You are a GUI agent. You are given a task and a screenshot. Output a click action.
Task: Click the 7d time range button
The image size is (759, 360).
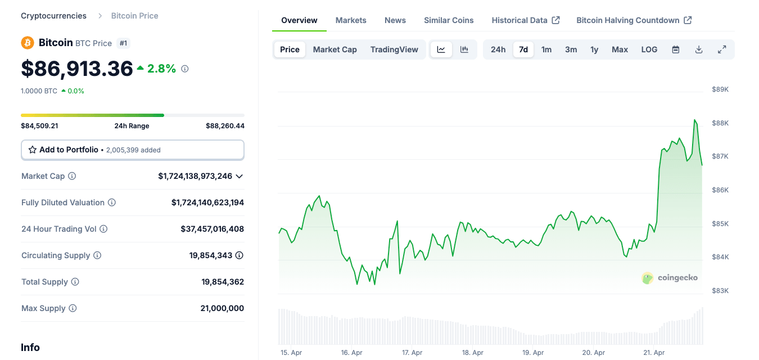pos(523,49)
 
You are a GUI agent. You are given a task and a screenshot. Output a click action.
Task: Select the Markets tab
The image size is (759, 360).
pos(351,20)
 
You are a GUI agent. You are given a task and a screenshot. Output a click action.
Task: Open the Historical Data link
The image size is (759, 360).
pos(525,20)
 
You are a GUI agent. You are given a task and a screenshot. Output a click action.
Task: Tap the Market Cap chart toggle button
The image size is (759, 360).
pos(335,49)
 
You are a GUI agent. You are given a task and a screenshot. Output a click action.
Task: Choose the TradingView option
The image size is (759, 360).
pos(394,49)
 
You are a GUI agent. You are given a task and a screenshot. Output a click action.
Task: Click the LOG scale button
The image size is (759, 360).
pos(649,49)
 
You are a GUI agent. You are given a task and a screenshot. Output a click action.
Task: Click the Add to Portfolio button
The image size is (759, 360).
pos(132,150)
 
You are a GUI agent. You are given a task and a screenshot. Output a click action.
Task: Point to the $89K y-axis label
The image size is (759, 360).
pos(720,89)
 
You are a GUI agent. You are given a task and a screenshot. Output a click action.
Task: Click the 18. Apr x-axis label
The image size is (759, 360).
pos(473,353)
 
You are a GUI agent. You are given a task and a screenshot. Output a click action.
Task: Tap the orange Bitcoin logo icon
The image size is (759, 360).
pos(28,43)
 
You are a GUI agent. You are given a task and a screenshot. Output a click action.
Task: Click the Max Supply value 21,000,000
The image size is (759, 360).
pos(222,308)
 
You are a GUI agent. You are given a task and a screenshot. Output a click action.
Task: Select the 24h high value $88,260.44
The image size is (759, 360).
pos(225,126)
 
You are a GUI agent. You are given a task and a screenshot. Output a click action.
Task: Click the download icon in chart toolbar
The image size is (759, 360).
pos(699,49)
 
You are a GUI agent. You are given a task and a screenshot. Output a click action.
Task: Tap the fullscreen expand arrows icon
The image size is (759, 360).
pos(722,49)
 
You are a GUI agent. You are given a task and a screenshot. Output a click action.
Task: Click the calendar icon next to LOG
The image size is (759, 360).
pos(676,49)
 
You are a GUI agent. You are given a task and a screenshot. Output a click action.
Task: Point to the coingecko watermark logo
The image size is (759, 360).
pos(670,277)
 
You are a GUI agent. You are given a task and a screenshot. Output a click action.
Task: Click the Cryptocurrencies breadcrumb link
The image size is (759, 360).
pos(53,16)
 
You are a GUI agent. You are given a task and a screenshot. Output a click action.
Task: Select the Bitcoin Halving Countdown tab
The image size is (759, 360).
pos(634,20)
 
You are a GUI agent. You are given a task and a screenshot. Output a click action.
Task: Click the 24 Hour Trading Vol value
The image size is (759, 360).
pos(212,229)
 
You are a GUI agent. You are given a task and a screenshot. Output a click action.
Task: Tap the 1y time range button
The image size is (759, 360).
pos(594,49)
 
